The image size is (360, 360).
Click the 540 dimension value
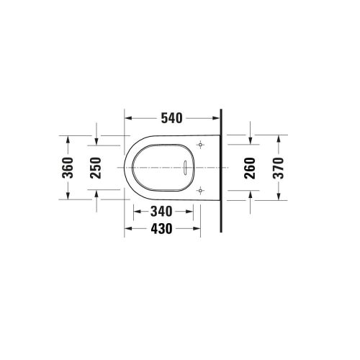pos(171,118)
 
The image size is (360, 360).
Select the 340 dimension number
pos(161,212)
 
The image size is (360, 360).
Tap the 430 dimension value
pos(161,229)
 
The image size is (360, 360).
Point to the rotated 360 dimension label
pos(68,168)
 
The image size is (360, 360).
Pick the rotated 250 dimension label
pos(96,168)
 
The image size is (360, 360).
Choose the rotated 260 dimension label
pos(250,168)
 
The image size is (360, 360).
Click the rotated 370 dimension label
pos(279,168)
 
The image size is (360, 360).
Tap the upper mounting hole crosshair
pos(200,145)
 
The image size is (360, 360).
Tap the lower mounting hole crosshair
pos(200,191)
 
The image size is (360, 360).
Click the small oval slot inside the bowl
pos(186,168)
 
